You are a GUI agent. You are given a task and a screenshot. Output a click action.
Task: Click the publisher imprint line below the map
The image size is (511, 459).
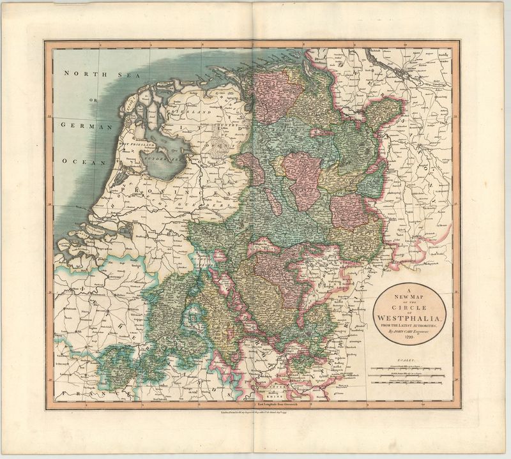[255, 416]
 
